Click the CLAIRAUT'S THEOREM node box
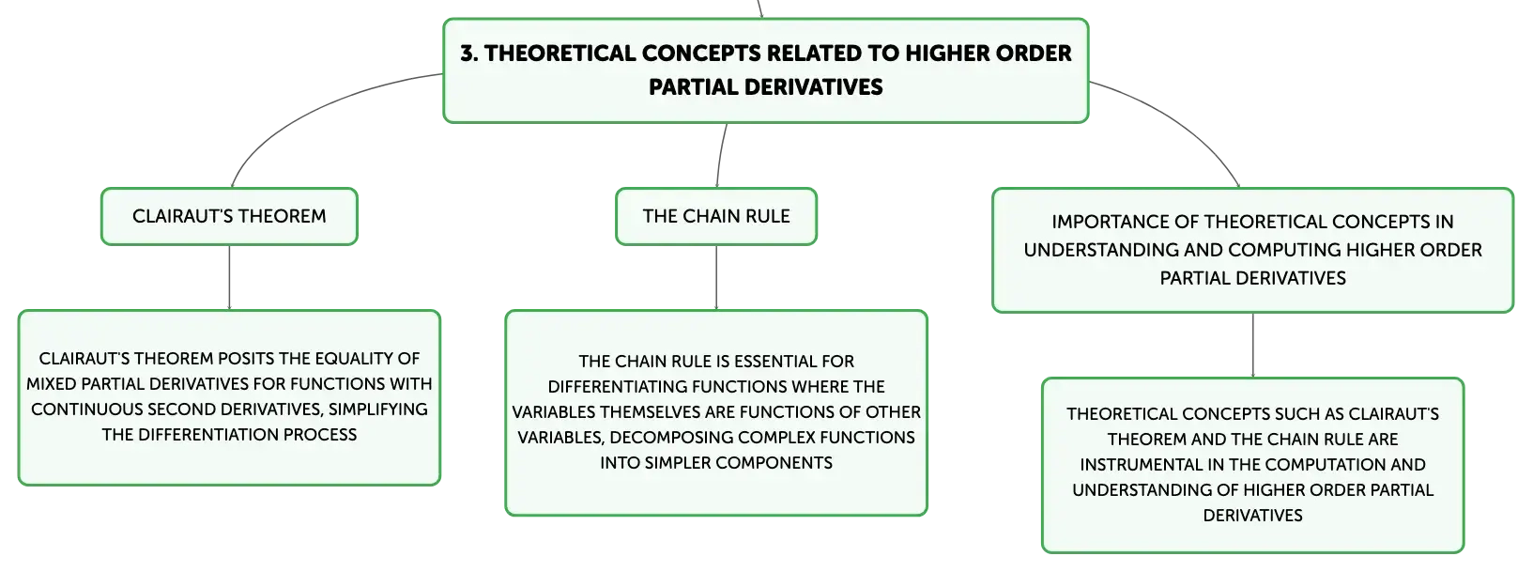click(x=229, y=216)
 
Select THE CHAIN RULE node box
click(x=716, y=216)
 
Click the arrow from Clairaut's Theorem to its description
click(x=229, y=277)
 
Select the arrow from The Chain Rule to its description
click(x=716, y=277)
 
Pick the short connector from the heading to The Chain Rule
click(x=720, y=155)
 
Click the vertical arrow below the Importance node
click(x=1253, y=346)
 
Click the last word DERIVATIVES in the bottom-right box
click(x=1253, y=515)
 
